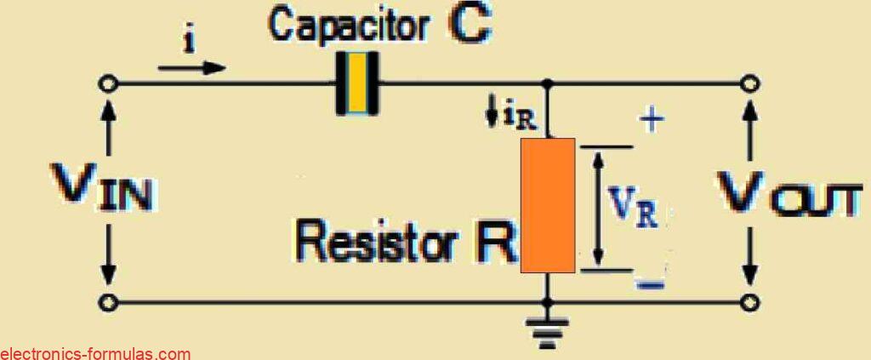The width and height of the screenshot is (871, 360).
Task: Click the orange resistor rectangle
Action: point(548,205)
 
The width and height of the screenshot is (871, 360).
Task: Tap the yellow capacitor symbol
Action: point(357,83)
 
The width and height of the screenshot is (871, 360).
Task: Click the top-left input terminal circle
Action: point(107,83)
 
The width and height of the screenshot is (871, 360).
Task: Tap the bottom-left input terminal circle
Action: point(107,302)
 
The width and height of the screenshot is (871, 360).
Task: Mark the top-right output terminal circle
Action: point(749,83)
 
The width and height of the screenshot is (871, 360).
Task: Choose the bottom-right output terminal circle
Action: point(749,302)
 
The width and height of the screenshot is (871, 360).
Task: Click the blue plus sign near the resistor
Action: point(651,121)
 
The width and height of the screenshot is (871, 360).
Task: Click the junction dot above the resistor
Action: point(548,83)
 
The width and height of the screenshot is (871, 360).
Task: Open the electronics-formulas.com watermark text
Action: point(95,353)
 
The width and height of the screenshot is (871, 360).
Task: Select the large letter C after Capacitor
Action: point(470,25)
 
